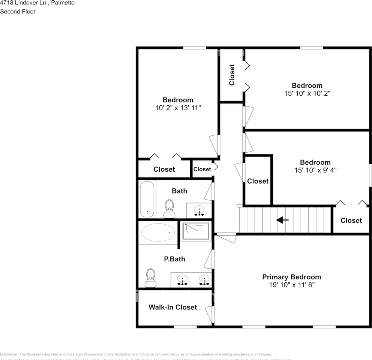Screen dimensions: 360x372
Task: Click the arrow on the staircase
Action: pos(282,220)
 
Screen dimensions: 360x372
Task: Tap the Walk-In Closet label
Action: pos(172,307)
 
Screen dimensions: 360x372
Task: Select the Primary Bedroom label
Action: pos(291,277)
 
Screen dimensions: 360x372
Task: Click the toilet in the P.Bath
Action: pos(151,277)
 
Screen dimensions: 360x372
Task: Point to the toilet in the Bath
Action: pos(169,208)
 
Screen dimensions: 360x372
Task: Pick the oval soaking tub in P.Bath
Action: pos(158,232)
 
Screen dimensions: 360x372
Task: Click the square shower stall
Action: pos(196,231)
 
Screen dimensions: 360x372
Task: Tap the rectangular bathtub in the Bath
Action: pos(147,199)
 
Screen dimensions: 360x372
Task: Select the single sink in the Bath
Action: pos(199,210)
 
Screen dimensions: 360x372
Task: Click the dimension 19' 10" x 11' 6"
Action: pos(291,285)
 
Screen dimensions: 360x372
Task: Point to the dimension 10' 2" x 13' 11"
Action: pos(178,108)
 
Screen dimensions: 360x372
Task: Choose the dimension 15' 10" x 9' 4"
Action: pos(315,170)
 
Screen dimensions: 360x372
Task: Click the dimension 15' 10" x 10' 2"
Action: pos(307,93)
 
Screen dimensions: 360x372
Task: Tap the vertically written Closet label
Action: pos(232,75)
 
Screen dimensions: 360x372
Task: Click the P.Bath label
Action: pos(174,259)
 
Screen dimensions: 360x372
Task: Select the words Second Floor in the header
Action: pos(18,11)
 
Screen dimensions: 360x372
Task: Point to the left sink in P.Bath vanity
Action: pos(183,280)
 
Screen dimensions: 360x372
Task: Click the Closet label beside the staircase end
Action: pos(351,220)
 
